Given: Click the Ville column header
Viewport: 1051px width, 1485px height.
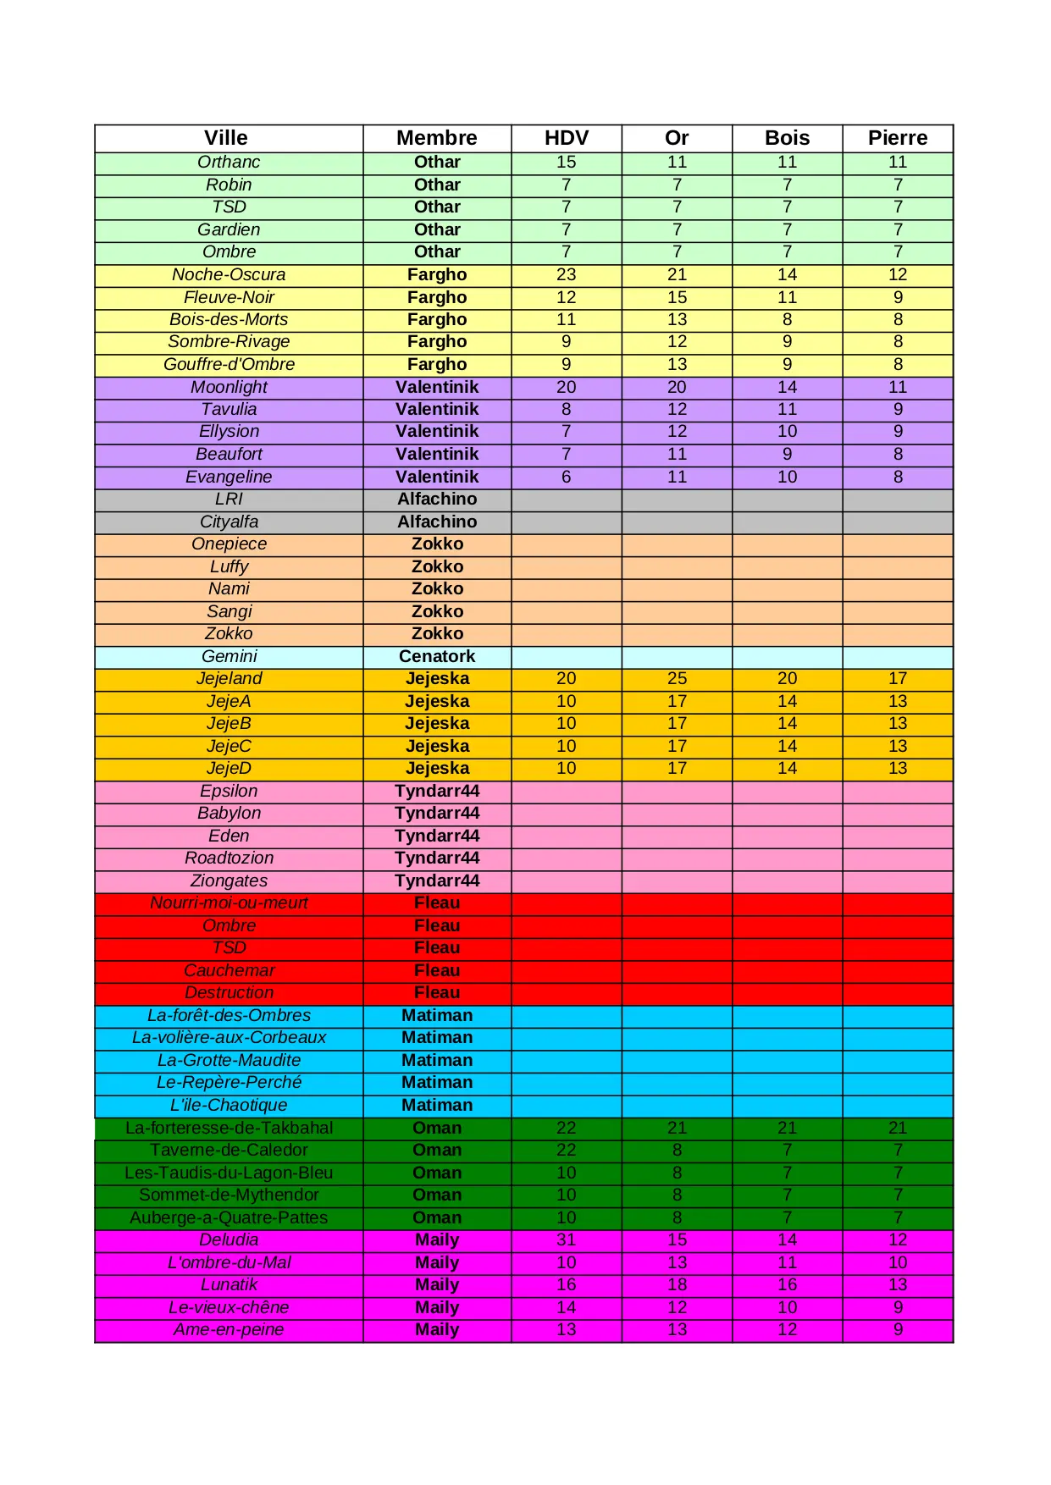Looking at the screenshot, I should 226,138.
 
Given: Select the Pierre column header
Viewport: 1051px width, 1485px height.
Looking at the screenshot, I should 897,138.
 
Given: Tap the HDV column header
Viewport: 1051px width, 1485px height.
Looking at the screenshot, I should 566,138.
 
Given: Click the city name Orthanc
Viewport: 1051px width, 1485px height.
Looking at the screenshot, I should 229,162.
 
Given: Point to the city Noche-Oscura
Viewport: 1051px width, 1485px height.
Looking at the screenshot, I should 229,274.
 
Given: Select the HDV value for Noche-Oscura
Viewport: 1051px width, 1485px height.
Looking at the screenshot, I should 566,274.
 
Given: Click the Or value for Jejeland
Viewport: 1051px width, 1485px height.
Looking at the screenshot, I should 677,678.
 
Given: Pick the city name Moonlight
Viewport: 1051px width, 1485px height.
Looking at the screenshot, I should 229,387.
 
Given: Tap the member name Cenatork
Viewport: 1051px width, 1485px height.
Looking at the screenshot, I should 437,656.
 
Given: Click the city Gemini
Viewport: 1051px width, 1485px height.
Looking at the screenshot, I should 229,656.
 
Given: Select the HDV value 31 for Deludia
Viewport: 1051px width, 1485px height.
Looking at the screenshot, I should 566,1239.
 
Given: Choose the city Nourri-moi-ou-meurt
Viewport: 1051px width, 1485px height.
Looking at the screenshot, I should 229,903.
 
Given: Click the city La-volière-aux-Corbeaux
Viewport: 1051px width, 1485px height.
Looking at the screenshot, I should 229,1037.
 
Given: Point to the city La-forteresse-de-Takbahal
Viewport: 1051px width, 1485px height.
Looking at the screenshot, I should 229,1128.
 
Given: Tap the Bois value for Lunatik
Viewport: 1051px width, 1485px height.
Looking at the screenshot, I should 787,1284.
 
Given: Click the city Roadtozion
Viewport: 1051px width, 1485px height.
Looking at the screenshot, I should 229,858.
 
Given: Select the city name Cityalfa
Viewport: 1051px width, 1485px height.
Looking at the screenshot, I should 229,522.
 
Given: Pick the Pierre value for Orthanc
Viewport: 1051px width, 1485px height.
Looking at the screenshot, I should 897,162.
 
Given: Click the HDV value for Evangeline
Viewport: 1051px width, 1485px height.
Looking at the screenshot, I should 566,477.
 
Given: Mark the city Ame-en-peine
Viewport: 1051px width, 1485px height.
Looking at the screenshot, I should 229,1329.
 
